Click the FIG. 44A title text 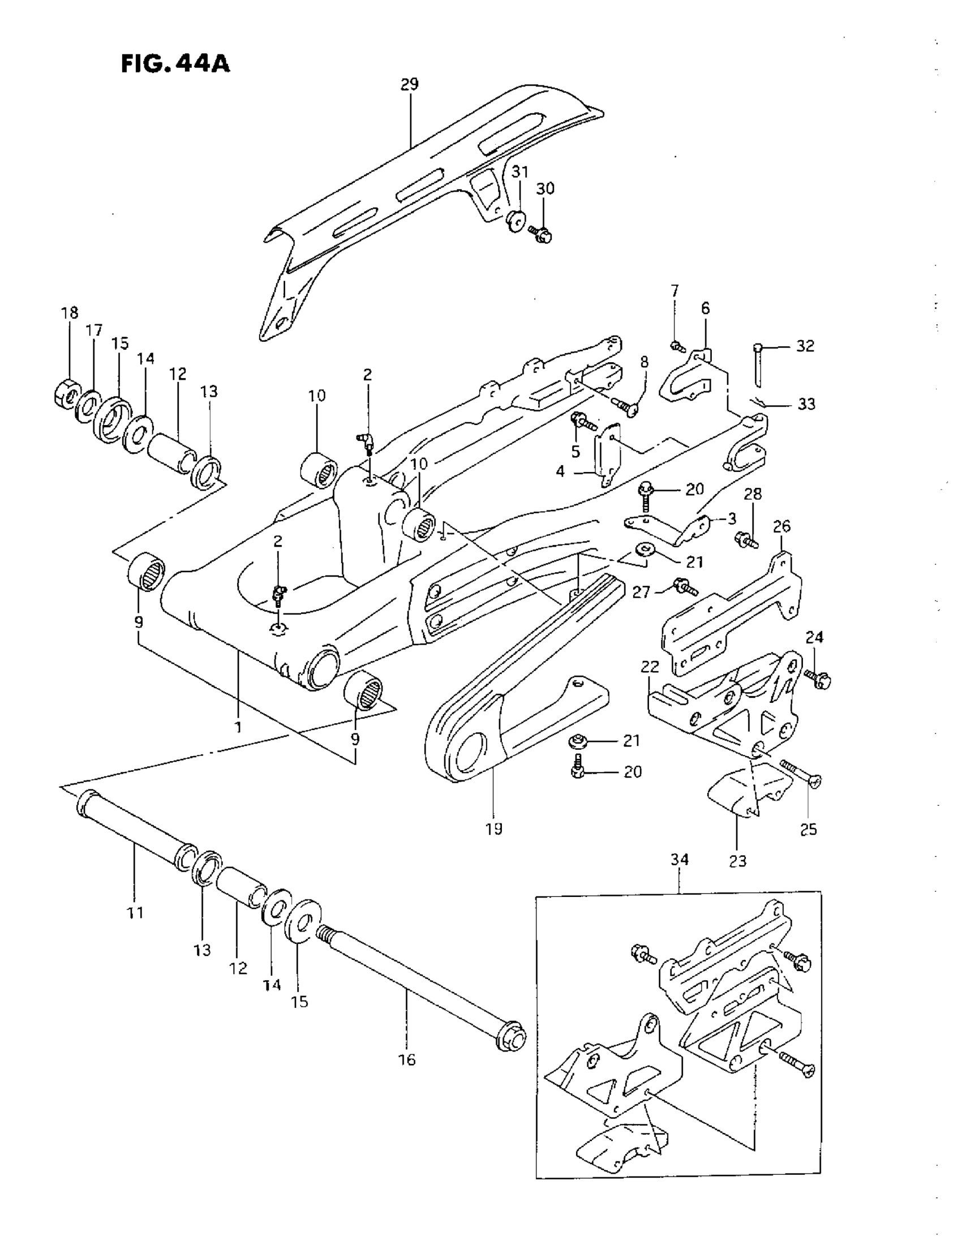175,64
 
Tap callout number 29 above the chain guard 409,85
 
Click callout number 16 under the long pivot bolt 407,1060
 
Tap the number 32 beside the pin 805,346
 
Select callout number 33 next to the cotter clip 806,404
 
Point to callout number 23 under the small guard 738,860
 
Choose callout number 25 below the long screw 808,829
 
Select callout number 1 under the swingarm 238,727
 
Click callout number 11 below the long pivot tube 135,913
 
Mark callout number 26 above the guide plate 781,526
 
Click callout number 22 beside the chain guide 650,666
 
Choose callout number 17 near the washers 94,330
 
